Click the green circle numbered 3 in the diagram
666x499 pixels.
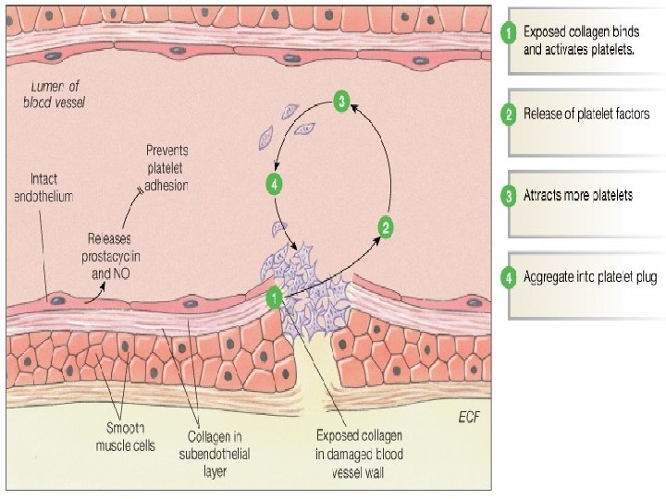(341, 103)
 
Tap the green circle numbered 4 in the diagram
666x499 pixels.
(273, 184)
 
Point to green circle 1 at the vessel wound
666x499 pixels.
(275, 297)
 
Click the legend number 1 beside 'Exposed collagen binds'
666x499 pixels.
(508, 33)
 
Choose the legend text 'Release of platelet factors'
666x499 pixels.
(586, 115)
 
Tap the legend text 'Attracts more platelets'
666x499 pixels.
(578, 196)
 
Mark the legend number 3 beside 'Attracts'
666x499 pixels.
(508, 196)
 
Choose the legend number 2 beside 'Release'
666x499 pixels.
(508, 115)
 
